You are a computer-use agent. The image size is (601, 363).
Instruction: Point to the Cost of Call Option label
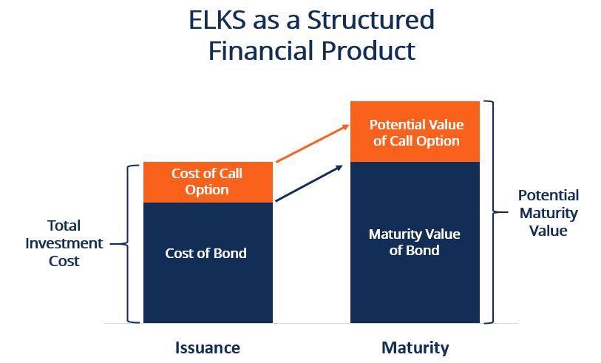click(x=207, y=182)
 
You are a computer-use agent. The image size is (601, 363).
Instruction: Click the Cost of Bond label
click(x=206, y=254)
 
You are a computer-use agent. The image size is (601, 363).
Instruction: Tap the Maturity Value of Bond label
click(x=415, y=242)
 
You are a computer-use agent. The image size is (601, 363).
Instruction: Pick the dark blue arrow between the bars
click(x=309, y=183)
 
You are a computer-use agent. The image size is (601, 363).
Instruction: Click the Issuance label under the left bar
click(x=208, y=347)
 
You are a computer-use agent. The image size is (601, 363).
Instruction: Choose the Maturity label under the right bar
click(x=415, y=347)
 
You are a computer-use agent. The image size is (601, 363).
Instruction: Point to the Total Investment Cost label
click(x=64, y=242)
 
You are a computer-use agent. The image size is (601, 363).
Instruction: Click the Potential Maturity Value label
click(x=548, y=213)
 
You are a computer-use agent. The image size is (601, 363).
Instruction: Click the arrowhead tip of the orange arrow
click(x=348, y=126)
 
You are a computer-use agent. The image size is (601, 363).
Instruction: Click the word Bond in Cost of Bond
click(x=229, y=254)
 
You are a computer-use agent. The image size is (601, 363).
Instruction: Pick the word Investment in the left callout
click(x=64, y=243)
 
